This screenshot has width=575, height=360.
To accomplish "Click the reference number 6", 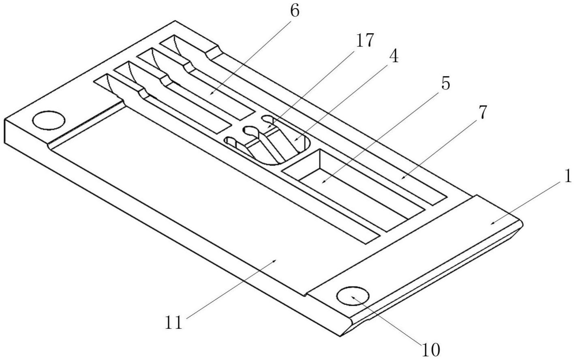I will coord(295,11).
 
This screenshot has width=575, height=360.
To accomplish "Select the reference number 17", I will coord(364,40).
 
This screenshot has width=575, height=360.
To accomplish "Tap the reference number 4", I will coord(393,57).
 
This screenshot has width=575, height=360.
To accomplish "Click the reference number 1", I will coord(568,176).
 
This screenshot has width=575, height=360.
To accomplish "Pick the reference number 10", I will coord(430,349).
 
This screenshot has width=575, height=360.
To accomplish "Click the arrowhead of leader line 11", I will coord(276,261).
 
